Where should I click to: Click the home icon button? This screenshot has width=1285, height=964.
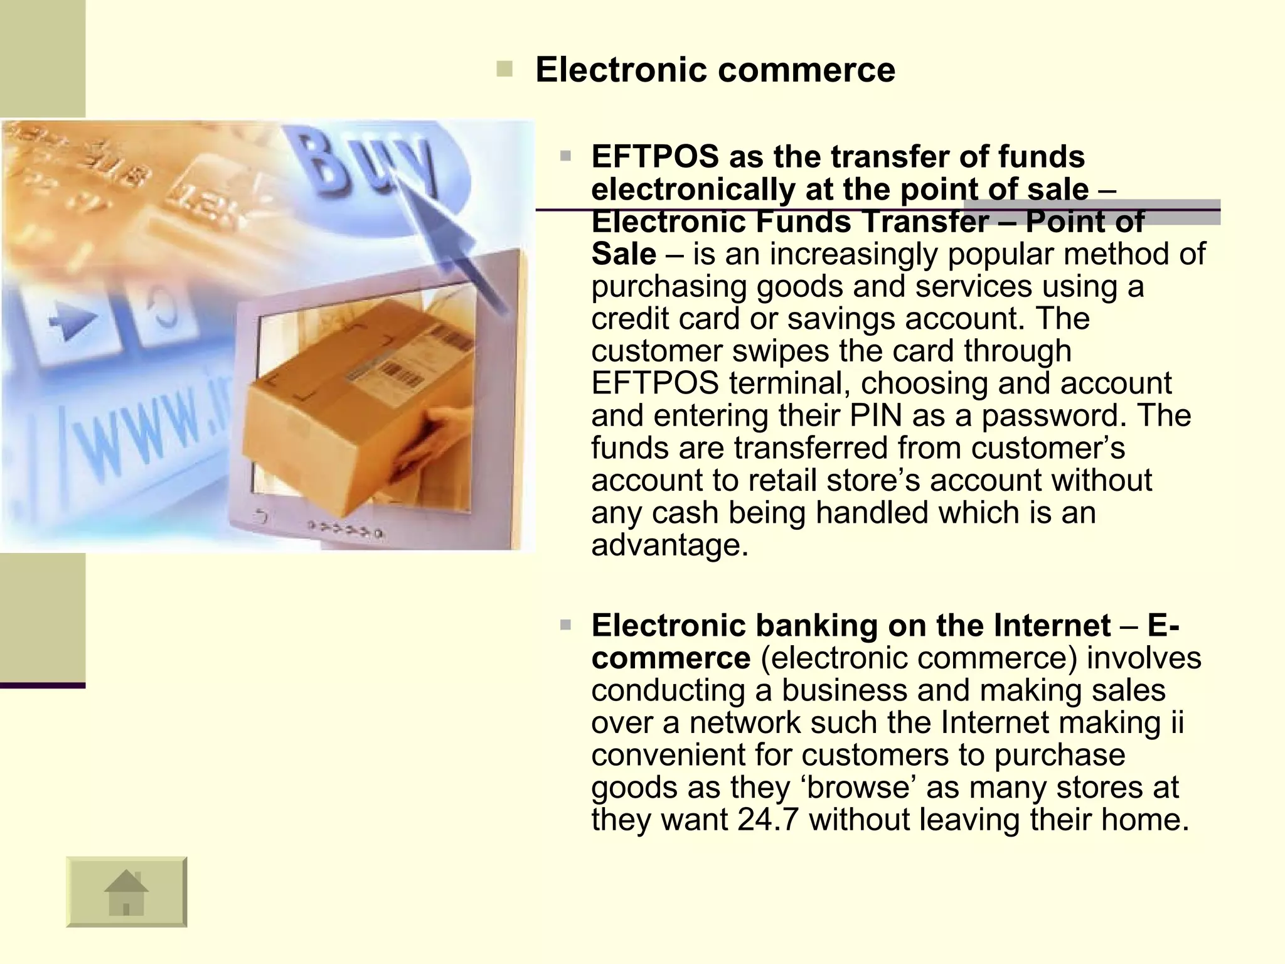coord(126,891)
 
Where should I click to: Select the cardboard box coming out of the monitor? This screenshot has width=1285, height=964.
coord(351,402)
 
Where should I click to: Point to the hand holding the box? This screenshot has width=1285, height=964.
coord(433,439)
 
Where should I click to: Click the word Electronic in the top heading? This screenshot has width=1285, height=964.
coord(621,70)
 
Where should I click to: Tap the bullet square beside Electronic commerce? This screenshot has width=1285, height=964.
coord(504,68)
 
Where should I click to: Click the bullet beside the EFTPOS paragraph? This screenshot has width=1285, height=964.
coord(565,156)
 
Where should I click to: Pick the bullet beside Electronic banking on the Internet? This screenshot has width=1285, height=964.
coord(565,625)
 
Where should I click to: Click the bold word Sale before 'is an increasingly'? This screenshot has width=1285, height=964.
coord(624,254)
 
